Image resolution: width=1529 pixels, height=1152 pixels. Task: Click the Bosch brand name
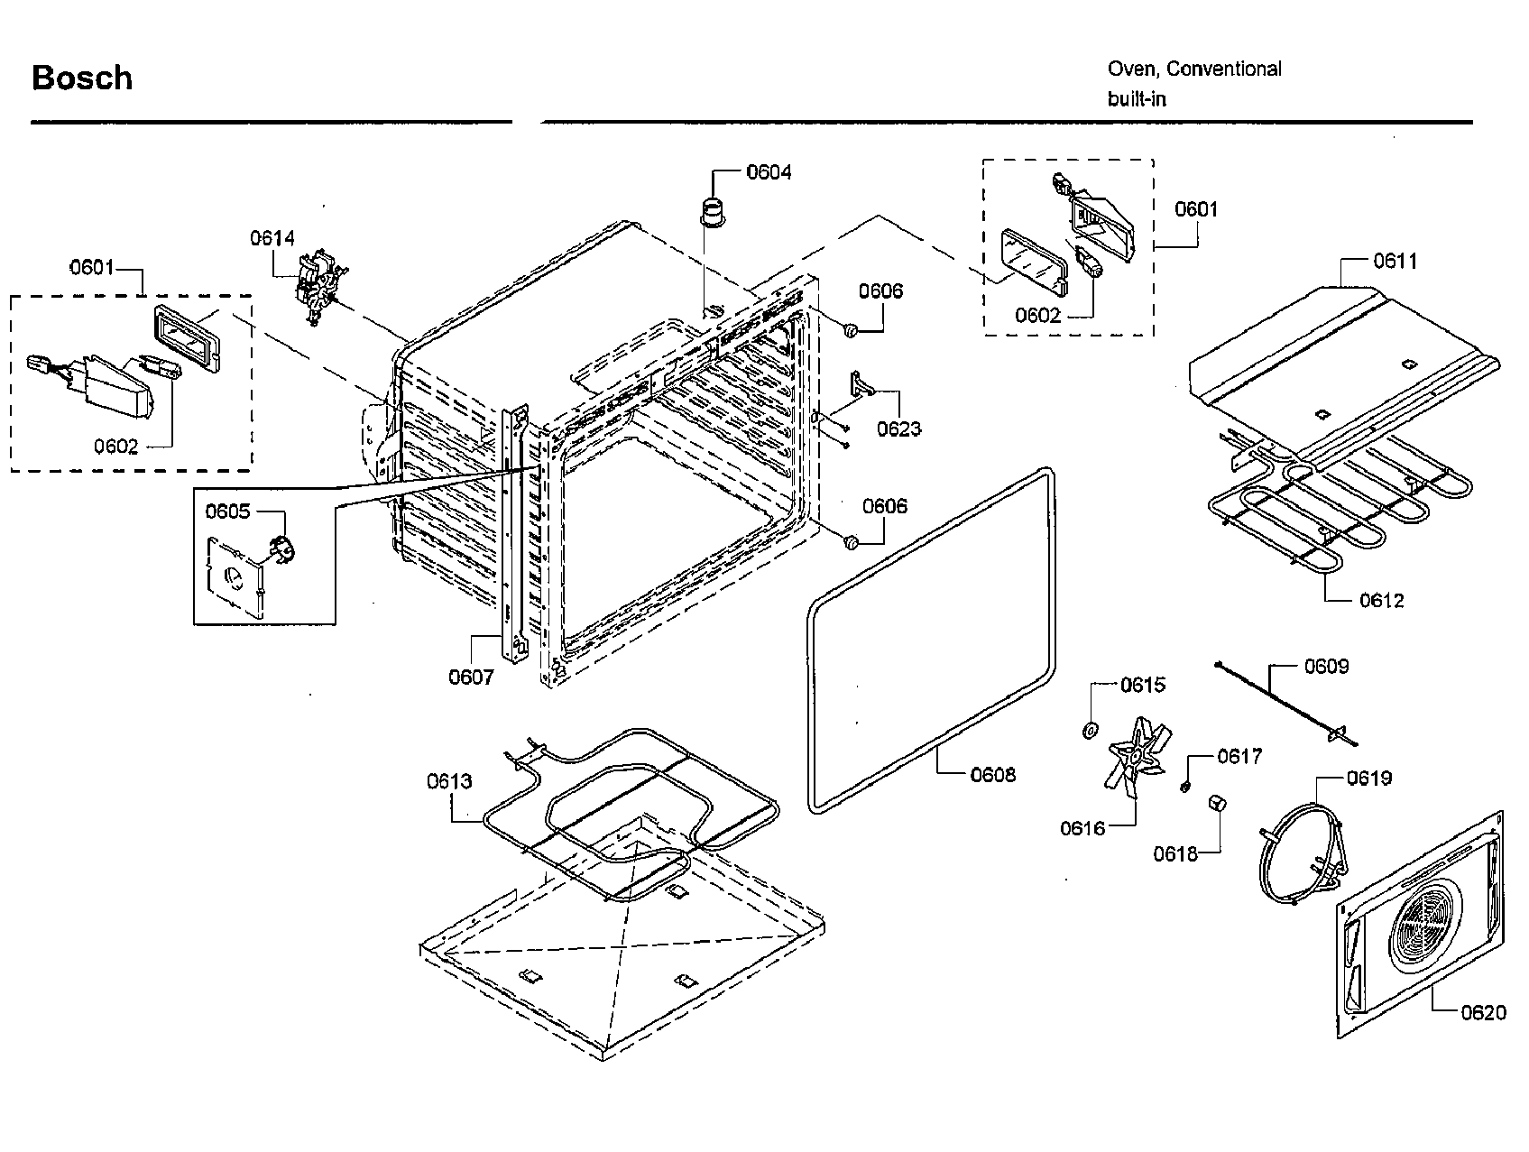point(82,78)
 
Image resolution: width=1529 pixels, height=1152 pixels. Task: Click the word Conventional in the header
point(1224,69)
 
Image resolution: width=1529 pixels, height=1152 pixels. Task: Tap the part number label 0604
point(769,171)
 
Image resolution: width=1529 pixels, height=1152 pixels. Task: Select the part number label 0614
point(272,238)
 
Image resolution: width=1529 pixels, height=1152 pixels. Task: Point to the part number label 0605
point(227,511)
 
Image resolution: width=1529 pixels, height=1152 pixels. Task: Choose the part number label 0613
point(449,780)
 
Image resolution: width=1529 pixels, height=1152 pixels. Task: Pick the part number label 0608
point(993,774)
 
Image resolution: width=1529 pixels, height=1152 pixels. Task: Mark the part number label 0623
point(899,429)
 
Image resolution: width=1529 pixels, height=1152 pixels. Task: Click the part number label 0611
point(1395,261)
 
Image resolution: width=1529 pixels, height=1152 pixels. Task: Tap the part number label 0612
point(1382,600)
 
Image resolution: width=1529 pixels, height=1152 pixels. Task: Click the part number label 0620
point(1484,1012)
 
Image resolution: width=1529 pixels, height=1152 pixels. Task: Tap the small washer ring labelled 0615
point(1091,730)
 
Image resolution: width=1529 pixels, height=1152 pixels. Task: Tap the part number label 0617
point(1239,756)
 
